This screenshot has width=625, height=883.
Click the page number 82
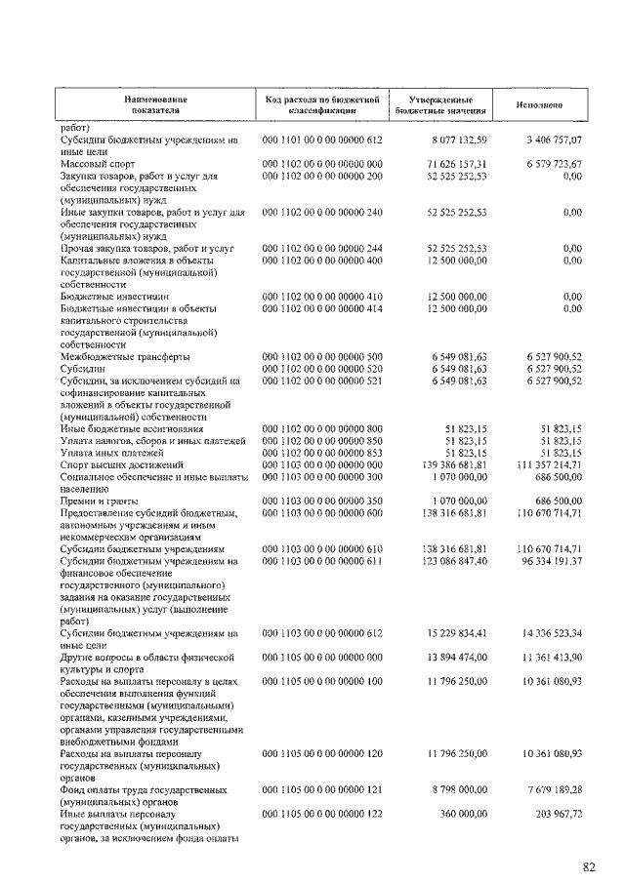(590, 865)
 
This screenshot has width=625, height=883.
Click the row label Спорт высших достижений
(122, 464)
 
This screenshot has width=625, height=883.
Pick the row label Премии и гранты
(100, 499)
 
